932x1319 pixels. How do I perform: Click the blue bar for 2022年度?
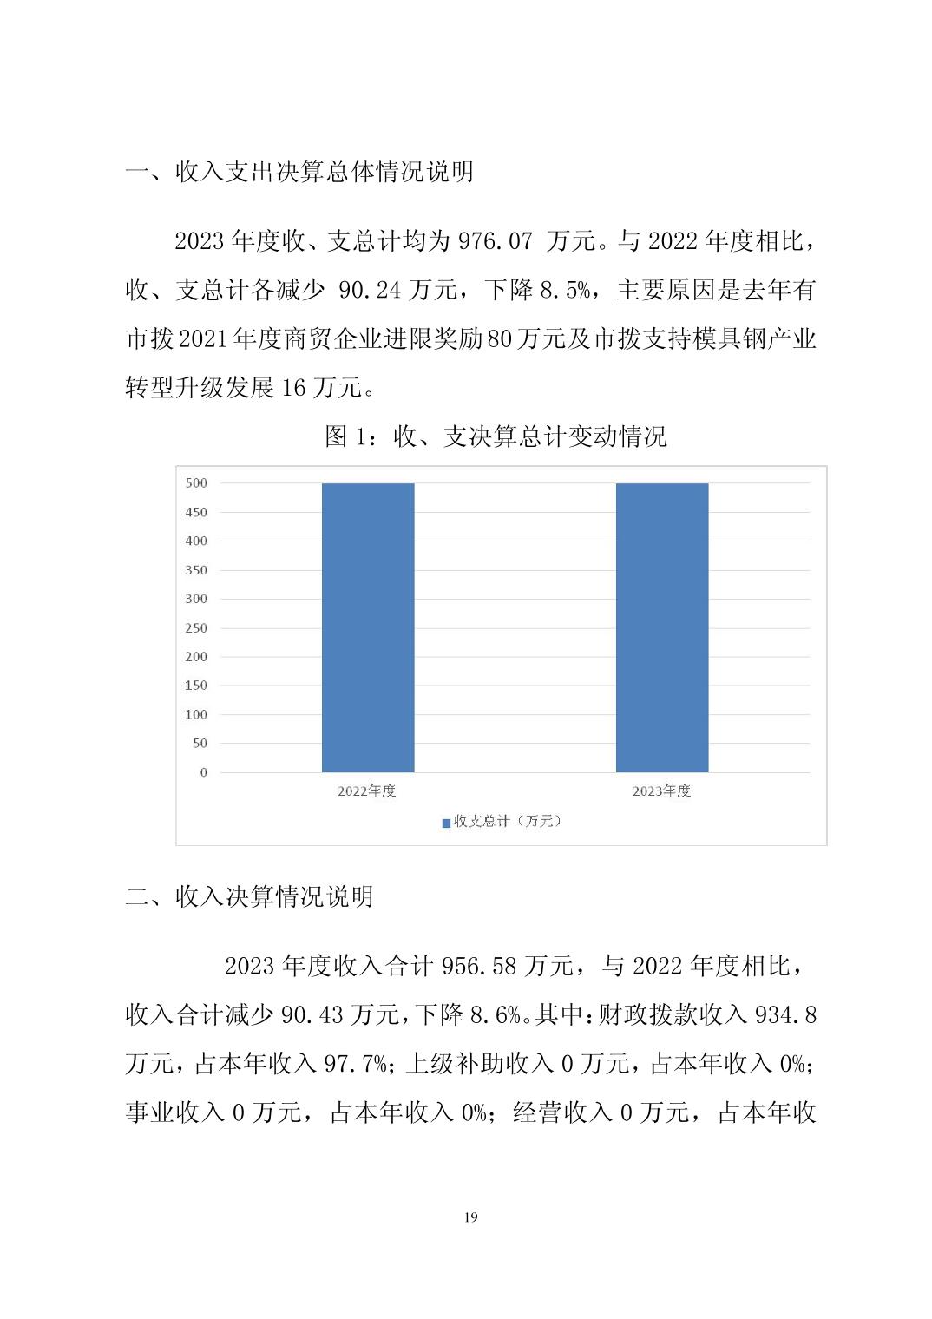[368, 627]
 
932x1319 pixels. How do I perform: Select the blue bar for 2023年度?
[662, 627]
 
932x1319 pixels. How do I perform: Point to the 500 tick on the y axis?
[196, 483]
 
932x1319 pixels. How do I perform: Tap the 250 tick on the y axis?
[196, 628]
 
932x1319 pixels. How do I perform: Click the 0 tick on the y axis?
[204, 772]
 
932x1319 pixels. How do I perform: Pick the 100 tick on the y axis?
[196, 715]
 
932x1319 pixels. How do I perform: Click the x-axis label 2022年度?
[367, 791]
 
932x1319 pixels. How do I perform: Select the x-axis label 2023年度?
[662, 791]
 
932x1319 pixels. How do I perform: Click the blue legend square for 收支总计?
[446, 823]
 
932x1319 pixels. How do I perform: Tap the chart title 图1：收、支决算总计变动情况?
[496, 436]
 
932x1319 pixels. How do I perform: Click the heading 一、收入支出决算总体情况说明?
[299, 172]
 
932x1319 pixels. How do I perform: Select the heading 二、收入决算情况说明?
[249, 896]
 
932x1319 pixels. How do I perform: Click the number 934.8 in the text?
[785, 1014]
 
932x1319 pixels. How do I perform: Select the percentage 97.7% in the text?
[355, 1064]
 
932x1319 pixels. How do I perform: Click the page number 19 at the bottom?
[470, 1217]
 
